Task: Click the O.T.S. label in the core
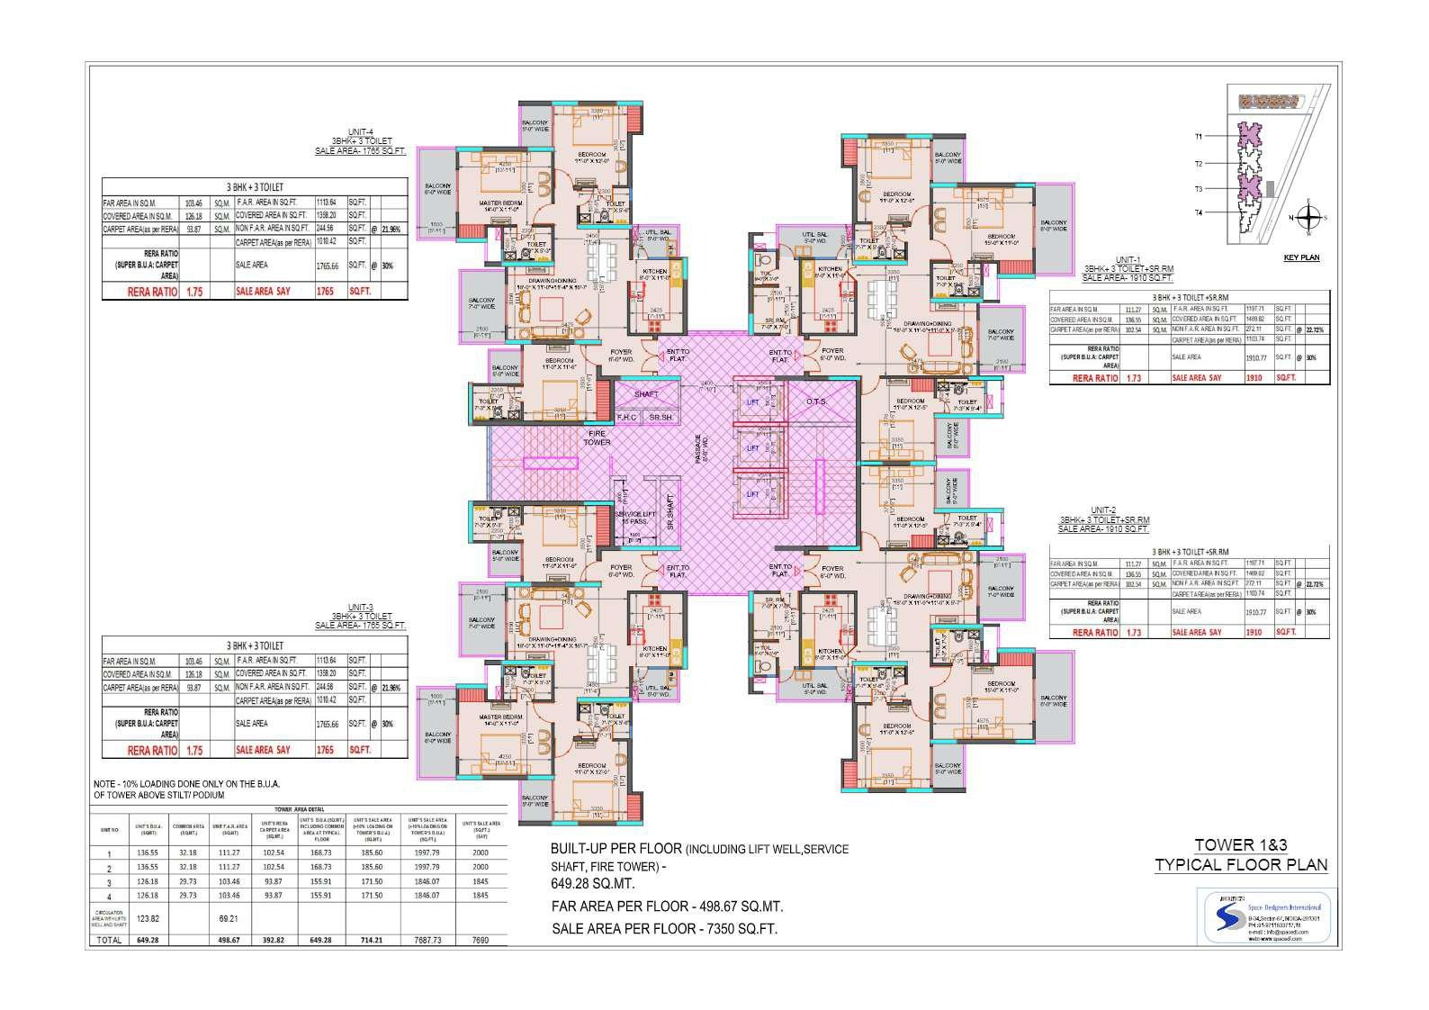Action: (x=817, y=401)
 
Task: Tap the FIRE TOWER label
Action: (x=597, y=437)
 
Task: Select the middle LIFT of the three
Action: (x=753, y=447)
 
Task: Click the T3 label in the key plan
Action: (x=1199, y=189)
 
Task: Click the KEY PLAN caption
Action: (x=1301, y=257)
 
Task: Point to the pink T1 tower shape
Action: (x=1249, y=136)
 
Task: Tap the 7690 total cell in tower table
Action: (x=481, y=940)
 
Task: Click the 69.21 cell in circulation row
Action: (x=228, y=916)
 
